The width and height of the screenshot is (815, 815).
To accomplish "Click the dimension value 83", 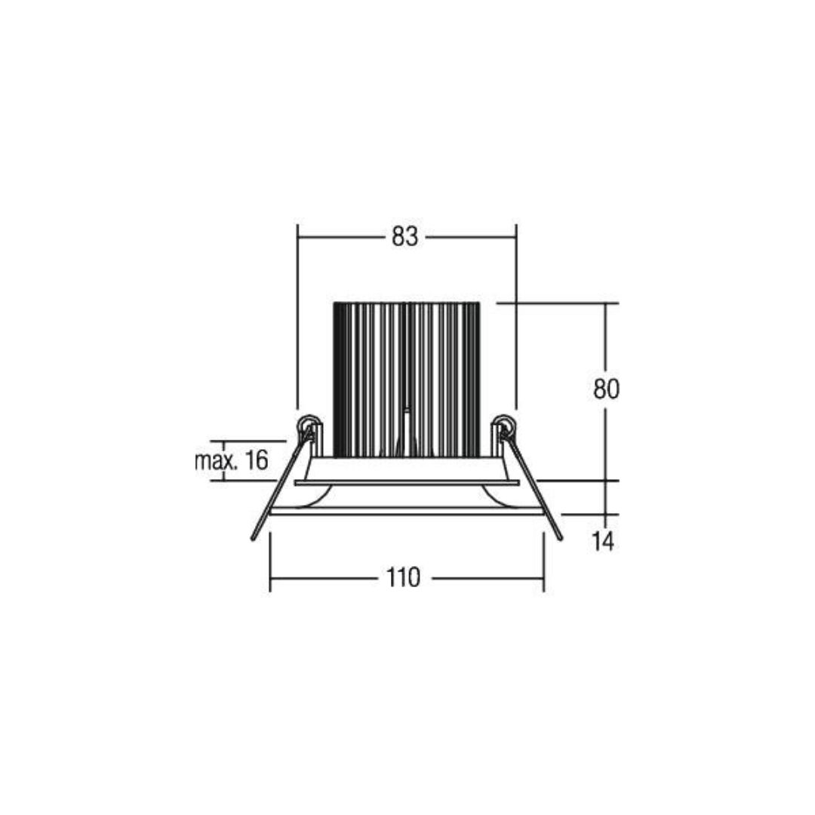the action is tap(404, 237).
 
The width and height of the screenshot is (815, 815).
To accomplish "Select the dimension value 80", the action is tap(606, 389).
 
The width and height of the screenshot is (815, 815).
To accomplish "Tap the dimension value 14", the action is tap(603, 541).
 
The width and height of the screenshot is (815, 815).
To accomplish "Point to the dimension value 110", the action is tap(403, 577).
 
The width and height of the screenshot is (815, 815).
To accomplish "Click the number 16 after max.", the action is tap(257, 460).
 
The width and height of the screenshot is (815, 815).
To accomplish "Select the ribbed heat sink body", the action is tap(407, 380).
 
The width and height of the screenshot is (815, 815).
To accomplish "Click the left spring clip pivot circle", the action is tap(308, 425).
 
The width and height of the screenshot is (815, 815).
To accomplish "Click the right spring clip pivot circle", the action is tap(504, 425).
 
